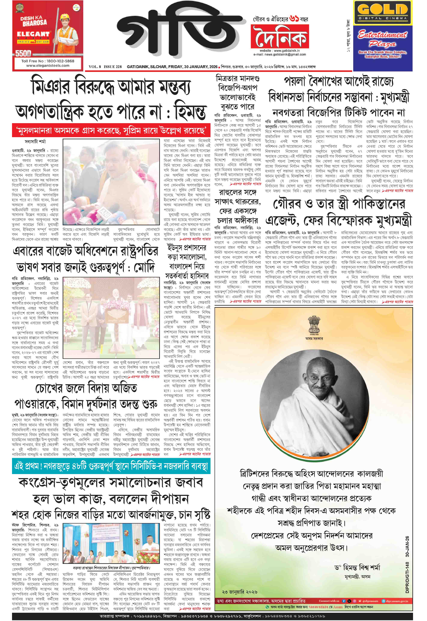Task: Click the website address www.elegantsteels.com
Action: tap(48, 66)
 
